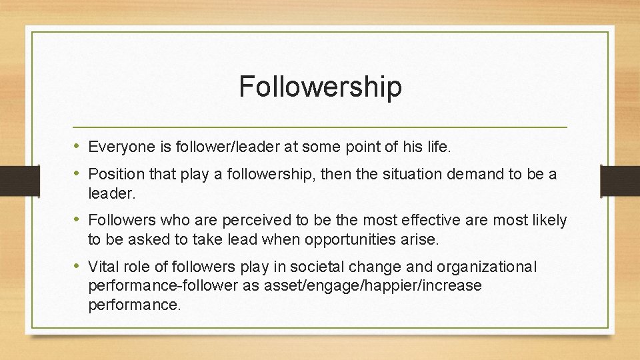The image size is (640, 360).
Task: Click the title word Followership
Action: [320, 87]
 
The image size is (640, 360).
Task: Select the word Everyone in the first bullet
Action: [115, 146]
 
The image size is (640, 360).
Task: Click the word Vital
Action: [102, 267]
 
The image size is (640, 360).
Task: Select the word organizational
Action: [486, 267]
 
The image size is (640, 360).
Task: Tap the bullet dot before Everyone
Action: [78, 145]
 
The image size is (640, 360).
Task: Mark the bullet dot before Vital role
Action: [78, 267]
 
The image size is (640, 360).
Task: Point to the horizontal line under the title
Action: [320, 127]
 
